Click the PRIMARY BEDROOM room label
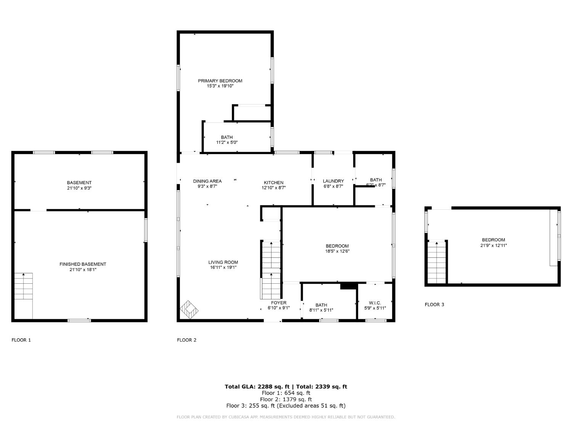pyautogui.click(x=220, y=81)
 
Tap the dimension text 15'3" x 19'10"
pyautogui.click(x=220, y=86)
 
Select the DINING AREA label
pyautogui.click(x=207, y=181)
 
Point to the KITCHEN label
pyautogui.click(x=274, y=183)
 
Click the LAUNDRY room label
pyautogui.click(x=333, y=181)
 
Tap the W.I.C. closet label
pyautogui.click(x=375, y=303)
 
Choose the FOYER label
pyautogui.click(x=279, y=303)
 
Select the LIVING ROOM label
pyautogui.click(x=223, y=262)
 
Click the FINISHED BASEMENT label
pyautogui.click(x=83, y=264)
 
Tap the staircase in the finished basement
pyautogui.click(x=24, y=286)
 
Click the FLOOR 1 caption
pyautogui.click(x=21, y=340)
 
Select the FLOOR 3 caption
pyautogui.click(x=434, y=305)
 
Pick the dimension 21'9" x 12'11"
pyautogui.click(x=493, y=246)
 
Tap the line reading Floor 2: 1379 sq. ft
pyautogui.click(x=286, y=399)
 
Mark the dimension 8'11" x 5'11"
pyautogui.click(x=321, y=310)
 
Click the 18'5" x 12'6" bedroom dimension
pyautogui.click(x=337, y=251)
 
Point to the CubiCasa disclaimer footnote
pyautogui.click(x=286, y=417)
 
